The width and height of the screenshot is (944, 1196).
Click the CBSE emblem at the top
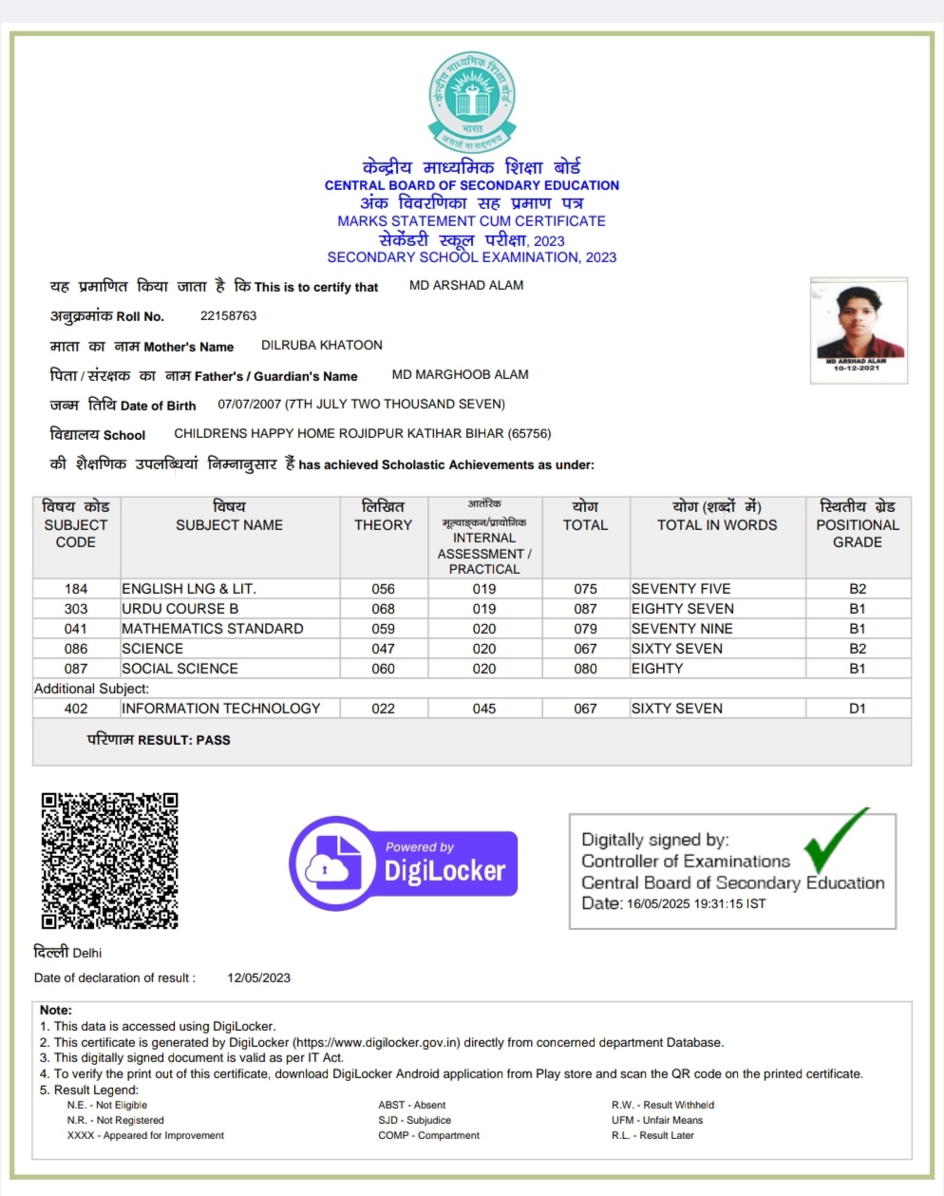472,102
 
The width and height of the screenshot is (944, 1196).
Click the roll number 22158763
228,315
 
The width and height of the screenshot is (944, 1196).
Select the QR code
109,860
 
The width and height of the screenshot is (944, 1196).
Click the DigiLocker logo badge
405,864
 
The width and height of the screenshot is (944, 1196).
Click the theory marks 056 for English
383,589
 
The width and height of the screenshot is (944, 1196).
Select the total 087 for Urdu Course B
585,609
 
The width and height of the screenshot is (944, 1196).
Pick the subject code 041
76,629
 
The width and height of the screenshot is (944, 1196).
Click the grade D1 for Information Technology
857,709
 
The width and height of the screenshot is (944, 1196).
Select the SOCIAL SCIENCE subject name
179,669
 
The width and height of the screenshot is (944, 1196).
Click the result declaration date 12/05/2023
258,978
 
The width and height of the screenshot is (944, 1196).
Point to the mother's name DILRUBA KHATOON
322,345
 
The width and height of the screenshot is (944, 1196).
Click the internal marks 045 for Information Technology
484,709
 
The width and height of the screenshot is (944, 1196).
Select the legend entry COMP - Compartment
428,1135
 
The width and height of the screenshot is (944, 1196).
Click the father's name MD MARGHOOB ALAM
460,374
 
